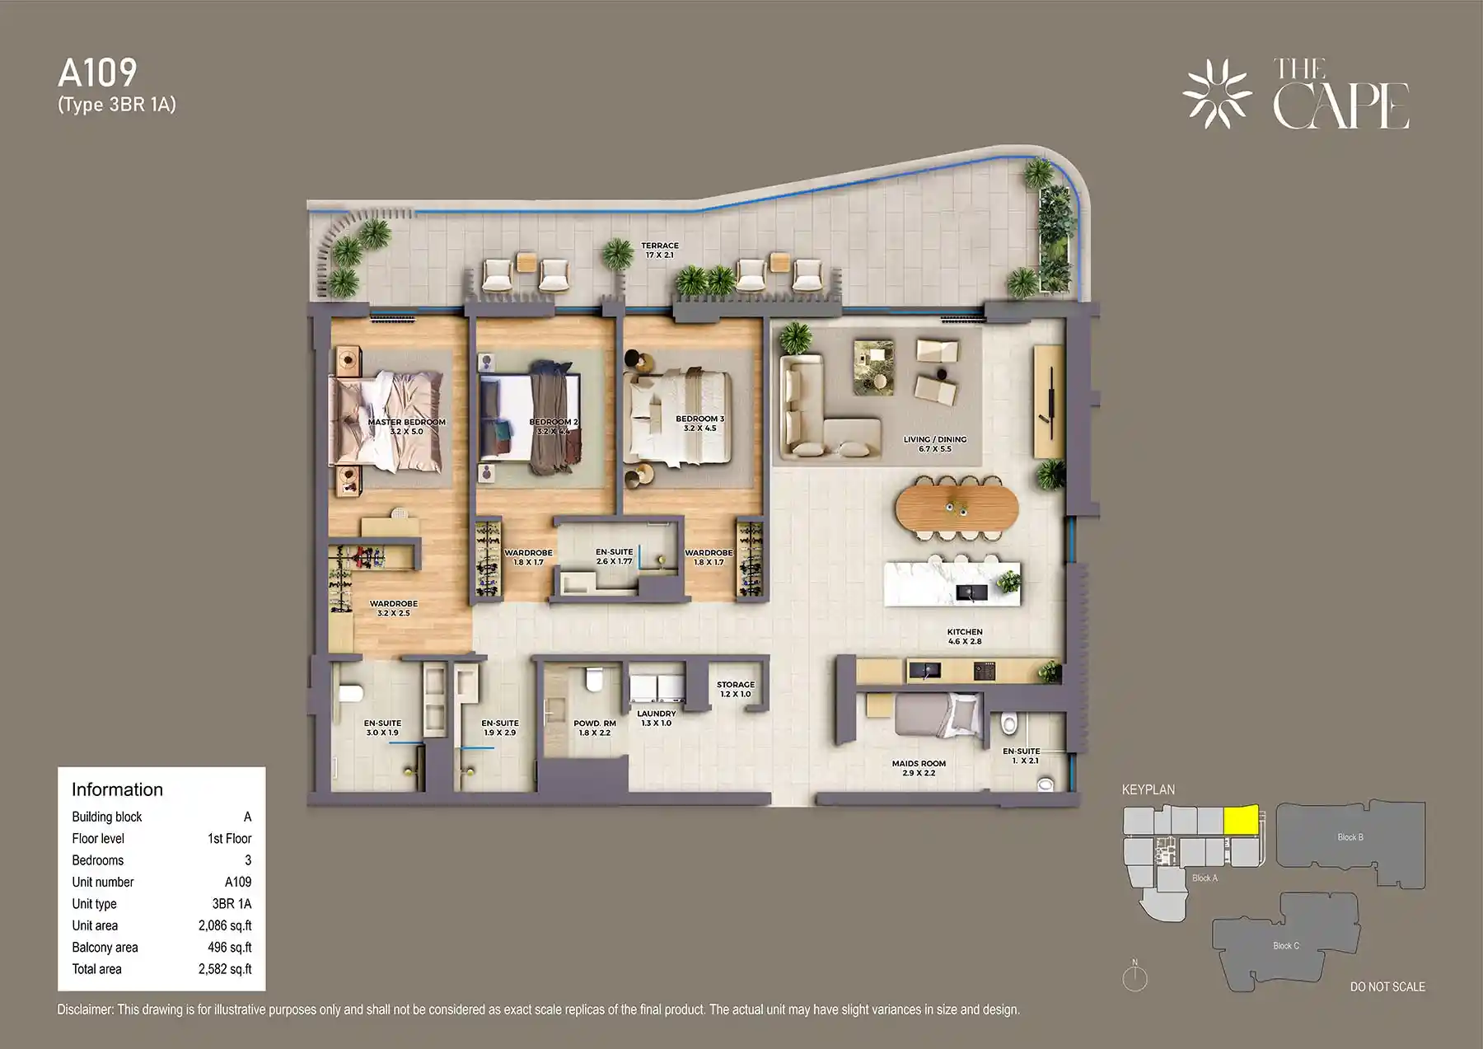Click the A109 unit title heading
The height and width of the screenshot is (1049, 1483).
(97, 73)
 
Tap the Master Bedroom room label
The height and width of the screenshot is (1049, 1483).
(406, 426)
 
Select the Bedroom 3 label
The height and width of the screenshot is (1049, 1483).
(699, 423)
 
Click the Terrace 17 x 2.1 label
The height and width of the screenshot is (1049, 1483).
(660, 250)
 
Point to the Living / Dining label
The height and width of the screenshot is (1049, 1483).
(934, 443)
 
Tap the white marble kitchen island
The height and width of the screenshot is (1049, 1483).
(952, 583)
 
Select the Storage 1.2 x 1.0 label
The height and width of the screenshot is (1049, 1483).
(735, 689)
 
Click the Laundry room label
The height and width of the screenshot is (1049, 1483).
(656, 718)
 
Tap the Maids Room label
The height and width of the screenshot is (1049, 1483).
(919, 768)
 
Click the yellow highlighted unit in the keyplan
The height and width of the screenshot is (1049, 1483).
(1241, 820)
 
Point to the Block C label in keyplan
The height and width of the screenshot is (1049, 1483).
(1285, 945)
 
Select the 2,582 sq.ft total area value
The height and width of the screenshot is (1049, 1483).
(225, 969)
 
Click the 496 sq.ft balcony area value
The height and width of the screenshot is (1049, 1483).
(229, 948)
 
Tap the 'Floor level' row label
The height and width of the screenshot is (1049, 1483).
(98, 838)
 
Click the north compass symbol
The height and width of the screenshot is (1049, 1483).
(1134, 977)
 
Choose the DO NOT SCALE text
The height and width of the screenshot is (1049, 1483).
(1387, 986)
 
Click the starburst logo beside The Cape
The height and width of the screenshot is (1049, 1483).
(1216, 93)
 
